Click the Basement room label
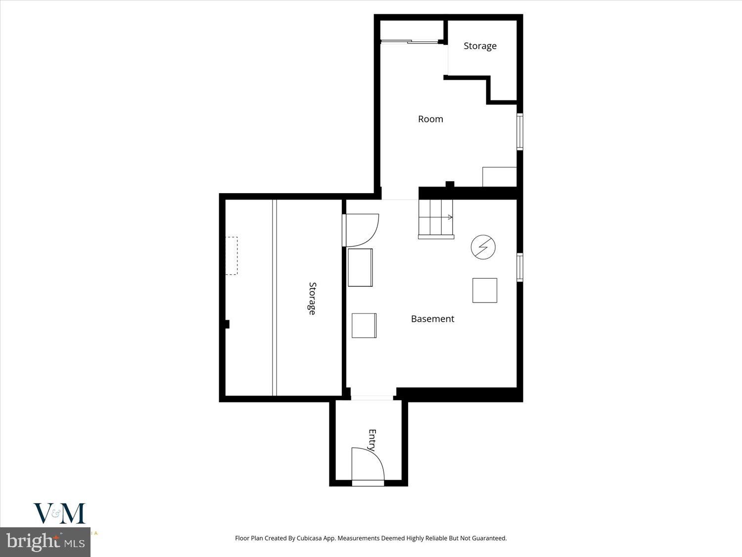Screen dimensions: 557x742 click(x=432, y=319)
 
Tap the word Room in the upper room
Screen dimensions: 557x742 click(x=430, y=119)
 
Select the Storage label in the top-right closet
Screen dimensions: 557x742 click(x=480, y=46)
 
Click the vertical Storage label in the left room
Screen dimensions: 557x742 click(x=312, y=298)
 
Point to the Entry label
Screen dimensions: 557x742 click(x=372, y=440)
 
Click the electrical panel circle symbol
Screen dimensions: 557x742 click(x=483, y=247)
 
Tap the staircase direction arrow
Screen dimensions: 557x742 click(x=450, y=217)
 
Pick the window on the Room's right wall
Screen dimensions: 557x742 click(x=519, y=131)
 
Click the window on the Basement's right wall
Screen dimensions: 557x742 click(x=519, y=267)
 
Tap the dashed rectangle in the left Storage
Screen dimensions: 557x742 click(x=232, y=255)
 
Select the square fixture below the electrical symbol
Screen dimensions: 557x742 click(x=484, y=290)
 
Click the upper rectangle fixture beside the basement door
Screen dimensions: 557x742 click(x=360, y=267)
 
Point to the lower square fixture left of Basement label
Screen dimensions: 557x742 click(x=364, y=325)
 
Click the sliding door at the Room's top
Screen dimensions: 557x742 click(x=410, y=42)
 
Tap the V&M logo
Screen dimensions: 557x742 click(x=59, y=513)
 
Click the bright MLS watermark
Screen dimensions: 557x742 click(x=45, y=542)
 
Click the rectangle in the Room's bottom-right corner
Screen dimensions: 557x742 click(x=500, y=177)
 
